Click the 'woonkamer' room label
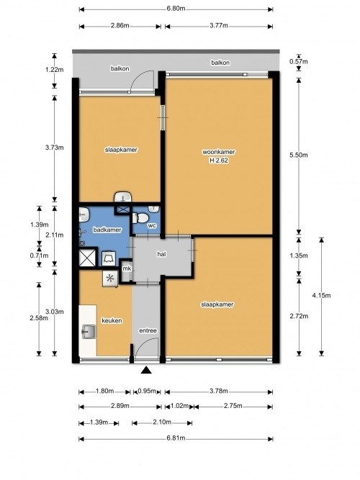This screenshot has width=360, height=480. pos(219,152)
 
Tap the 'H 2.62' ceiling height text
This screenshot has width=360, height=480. pos(219,160)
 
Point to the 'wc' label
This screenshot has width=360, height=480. pos(152,226)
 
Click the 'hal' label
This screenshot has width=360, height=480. pos(161,254)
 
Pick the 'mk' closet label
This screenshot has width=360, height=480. pos(127,268)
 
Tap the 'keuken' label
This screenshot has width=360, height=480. pos(112,321)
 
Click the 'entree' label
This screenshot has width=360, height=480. pos(148,330)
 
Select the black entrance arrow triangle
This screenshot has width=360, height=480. pos(146,371)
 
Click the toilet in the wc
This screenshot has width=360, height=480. pos(140,218)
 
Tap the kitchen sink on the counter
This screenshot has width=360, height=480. pos(89,332)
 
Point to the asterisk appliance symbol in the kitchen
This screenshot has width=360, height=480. pos(110,279)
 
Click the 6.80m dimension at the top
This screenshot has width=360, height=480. pos(176,9)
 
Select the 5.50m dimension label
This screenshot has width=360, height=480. pos(298,155)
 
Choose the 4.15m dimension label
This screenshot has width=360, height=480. pos(321,295)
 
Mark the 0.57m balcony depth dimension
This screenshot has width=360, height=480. pos(298,62)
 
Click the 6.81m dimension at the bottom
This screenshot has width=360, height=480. pos(176,438)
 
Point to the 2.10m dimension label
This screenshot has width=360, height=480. pos(162,422)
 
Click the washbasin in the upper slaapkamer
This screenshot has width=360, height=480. pos(123,197)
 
